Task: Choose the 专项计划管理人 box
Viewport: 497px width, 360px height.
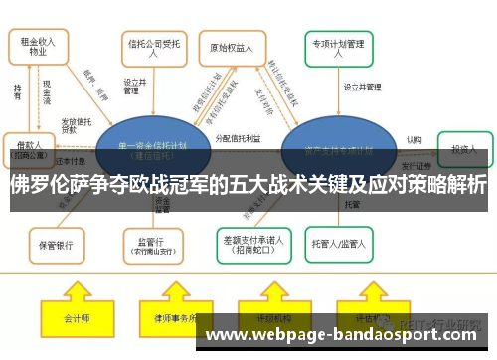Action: click(338, 47)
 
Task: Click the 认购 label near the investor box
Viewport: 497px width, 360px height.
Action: click(414, 140)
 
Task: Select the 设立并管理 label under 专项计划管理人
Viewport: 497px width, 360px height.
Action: click(362, 88)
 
